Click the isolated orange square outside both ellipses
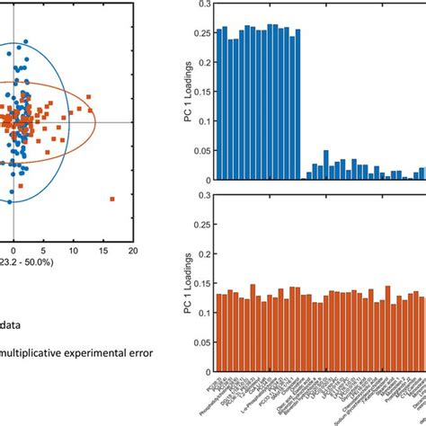(111, 198)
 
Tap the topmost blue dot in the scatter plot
(25, 41)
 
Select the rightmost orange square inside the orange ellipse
(92, 110)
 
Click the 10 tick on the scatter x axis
(72, 252)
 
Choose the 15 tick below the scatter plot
(102, 252)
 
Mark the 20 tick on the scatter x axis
(132, 252)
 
